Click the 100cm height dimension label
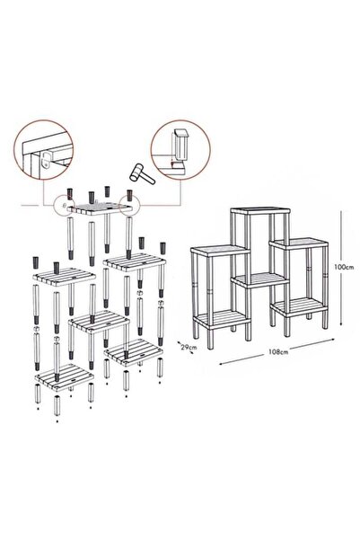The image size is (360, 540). tap(344, 267)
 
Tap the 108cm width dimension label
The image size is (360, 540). tap(278, 352)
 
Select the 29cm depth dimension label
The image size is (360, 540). tap(189, 347)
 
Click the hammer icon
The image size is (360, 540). tap(142, 174)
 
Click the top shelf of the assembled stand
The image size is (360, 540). tap(260, 210)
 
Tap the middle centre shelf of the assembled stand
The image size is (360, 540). tap(260, 279)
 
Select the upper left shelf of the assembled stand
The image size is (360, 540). tap(220, 251)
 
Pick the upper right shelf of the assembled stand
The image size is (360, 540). tap(298, 243)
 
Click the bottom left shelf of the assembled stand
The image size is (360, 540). tap(222, 319)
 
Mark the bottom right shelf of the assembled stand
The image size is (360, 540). tap(298, 306)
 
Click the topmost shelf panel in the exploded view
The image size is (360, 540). tap(100, 208)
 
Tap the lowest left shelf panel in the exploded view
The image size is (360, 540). tap(65, 376)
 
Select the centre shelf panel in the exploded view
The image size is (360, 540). tap(99, 322)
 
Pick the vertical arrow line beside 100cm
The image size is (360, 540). tap(341, 268)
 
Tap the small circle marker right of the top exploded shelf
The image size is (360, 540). tap(129, 206)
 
